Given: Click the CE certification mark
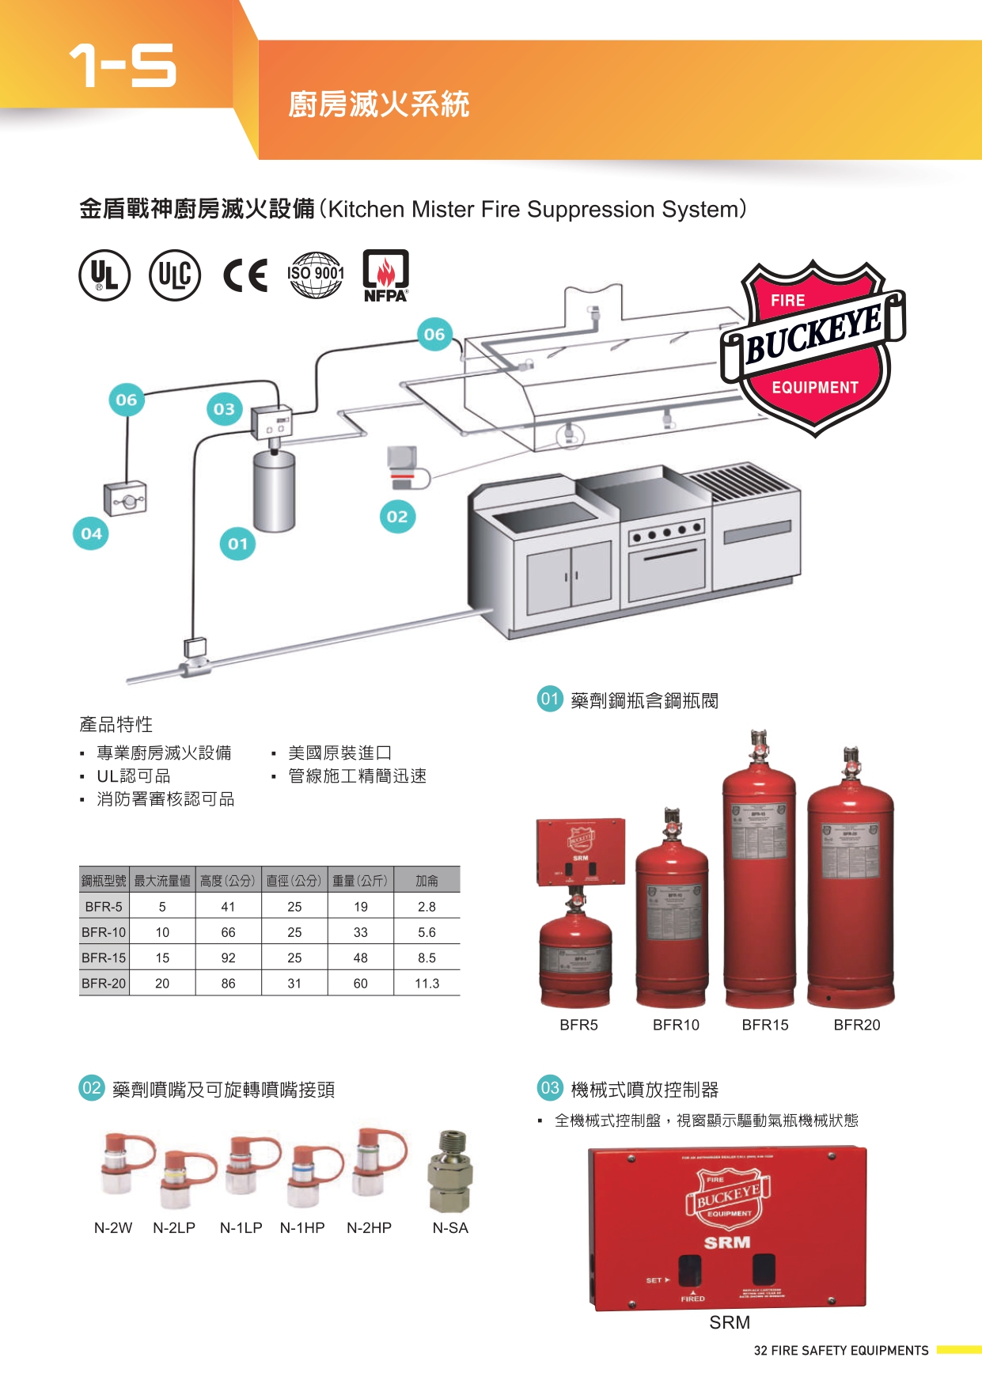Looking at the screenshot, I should pos(245,275).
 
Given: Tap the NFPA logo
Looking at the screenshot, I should pos(385,275).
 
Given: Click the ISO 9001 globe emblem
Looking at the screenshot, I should pos(315,275).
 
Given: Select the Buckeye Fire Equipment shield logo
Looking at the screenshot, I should pos(813,347).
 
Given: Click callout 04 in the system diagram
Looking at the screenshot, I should pos(91,533).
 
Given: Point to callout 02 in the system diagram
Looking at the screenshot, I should pos(397,517).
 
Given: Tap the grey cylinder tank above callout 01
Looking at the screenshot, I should pos(274,490).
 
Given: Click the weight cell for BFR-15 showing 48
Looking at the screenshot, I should pos(360,958).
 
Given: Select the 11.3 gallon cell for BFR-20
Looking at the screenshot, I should pos(427,984).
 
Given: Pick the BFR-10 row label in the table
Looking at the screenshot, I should pos(104,932).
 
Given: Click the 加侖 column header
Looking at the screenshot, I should pos(427,881).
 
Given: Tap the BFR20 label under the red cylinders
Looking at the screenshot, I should pos(856,1025).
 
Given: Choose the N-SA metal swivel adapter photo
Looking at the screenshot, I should pos(450,1172).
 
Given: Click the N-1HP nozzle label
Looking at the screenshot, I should pos(302,1228).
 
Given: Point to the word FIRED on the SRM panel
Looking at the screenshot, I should pos(692,1299).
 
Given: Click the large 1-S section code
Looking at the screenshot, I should pos(123,65).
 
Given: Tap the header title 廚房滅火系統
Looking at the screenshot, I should pos(378,104).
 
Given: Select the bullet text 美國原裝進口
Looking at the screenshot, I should pos(339,753).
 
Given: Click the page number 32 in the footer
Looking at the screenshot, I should pos(760,1351).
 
